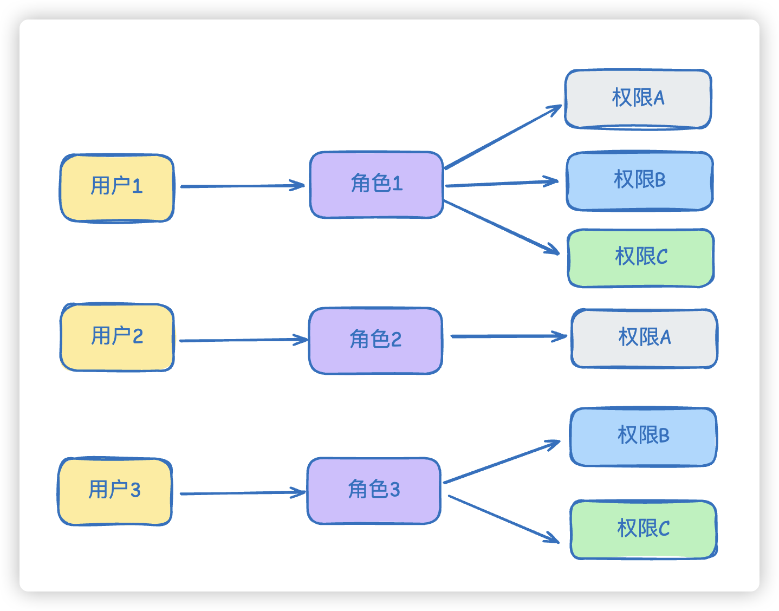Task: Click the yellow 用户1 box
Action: click(116, 188)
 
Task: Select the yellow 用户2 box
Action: click(116, 337)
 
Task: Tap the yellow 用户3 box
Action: click(115, 491)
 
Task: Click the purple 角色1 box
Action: click(376, 185)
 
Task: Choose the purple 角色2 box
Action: click(375, 341)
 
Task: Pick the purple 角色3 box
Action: click(374, 491)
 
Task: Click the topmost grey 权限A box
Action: click(638, 99)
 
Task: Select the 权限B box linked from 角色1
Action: click(639, 181)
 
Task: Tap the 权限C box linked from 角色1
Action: click(641, 258)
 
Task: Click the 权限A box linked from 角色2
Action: click(644, 339)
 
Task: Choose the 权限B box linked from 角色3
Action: click(643, 437)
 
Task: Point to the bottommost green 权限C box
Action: click(643, 529)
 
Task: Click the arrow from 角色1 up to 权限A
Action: click(503, 137)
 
